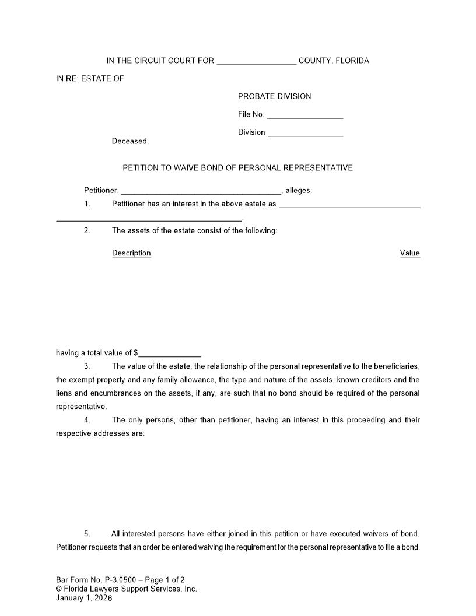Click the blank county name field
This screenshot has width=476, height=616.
(x=256, y=61)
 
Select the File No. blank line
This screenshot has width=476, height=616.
(x=304, y=115)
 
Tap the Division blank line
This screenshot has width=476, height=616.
(x=305, y=133)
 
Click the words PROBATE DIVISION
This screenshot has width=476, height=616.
(x=274, y=96)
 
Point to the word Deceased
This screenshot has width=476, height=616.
(x=130, y=141)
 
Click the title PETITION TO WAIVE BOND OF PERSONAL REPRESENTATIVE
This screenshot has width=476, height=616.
(x=237, y=168)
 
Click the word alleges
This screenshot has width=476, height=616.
(x=298, y=190)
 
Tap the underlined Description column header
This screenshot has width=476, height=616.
(x=131, y=253)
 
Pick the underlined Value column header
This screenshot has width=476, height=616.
(x=409, y=253)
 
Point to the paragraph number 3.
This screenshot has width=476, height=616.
(x=87, y=366)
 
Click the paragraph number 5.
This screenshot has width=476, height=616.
(x=87, y=534)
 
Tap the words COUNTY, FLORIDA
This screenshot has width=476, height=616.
(x=334, y=61)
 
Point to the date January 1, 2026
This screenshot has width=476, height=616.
(x=84, y=598)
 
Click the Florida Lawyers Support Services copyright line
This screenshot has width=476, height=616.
(x=127, y=589)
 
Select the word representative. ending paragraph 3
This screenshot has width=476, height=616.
(x=81, y=407)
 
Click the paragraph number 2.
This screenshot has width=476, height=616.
(x=87, y=230)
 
